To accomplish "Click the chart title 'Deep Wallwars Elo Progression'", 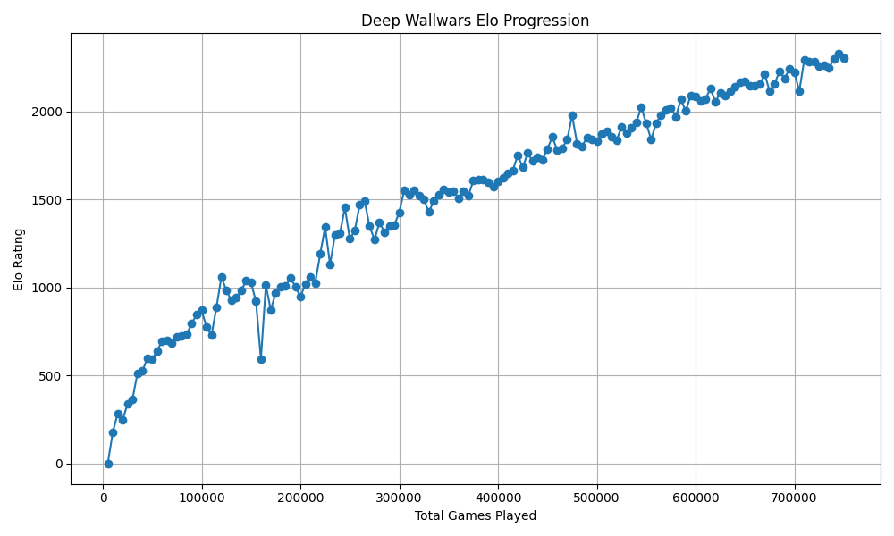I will (x=475, y=21).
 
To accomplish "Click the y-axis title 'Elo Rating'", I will (x=19, y=258).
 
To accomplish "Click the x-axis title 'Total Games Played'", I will (x=475, y=516).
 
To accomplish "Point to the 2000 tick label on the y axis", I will (x=47, y=112).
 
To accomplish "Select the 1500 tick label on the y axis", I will (x=47, y=199).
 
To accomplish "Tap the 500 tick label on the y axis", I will (x=51, y=375).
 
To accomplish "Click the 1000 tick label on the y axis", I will (x=47, y=288).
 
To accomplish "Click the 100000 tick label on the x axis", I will (x=202, y=497).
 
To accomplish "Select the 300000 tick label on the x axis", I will (x=400, y=497).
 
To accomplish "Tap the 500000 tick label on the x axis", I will (x=597, y=497).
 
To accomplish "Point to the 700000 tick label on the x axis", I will (x=795, y=497).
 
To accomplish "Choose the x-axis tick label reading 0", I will (x=104, y=497).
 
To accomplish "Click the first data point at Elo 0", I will (x=108, y=464).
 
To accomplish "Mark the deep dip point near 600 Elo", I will (x=261, y=359).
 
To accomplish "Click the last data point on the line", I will (x=844, y=58).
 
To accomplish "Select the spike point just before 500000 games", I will (x=572, y=115).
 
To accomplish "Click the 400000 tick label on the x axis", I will (x=498, y=497).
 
